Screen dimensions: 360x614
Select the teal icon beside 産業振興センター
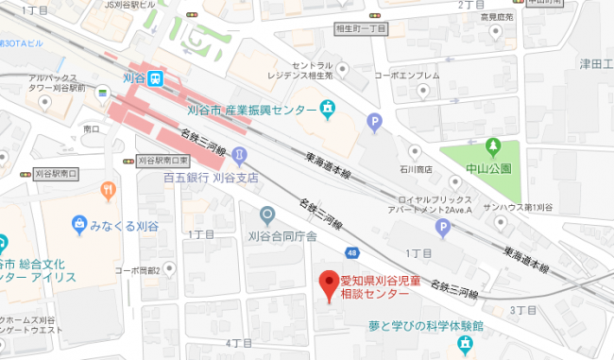328,111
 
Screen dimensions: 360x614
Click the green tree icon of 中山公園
492,146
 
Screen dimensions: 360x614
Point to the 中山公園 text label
492,167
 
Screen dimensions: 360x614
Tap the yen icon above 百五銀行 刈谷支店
240,154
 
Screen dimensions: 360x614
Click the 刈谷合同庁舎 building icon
267,215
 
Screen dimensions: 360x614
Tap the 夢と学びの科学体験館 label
426,326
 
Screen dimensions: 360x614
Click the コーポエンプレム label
407,76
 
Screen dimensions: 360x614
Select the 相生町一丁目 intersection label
361,29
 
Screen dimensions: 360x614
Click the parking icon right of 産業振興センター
375,120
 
